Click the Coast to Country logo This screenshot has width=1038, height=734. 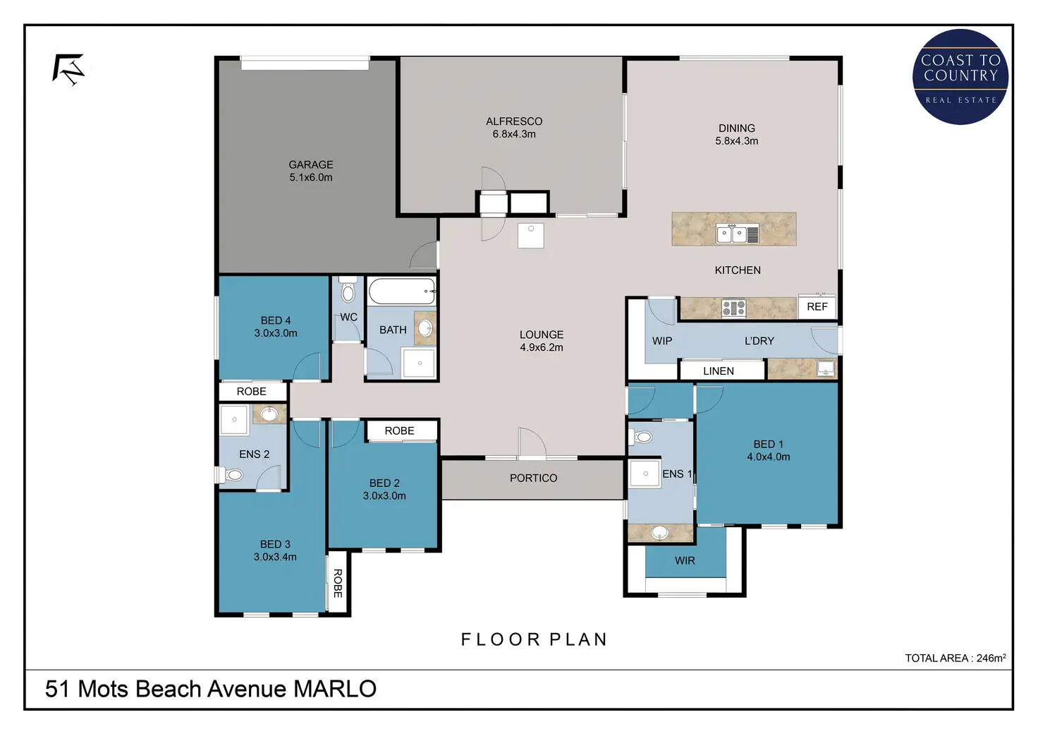[x=960, y=76]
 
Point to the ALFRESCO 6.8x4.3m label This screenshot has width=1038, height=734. [x=514, y=128]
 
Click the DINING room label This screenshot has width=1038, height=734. [x=737, y=128]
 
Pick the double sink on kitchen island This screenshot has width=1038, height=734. [x=738, y=234]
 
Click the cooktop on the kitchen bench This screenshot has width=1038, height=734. [x=733, y=308]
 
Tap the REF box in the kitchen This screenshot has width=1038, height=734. [x=817, y=306]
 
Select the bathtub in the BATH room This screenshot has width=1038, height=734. [x=402, y=291]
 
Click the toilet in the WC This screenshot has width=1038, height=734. [x=348, y=290]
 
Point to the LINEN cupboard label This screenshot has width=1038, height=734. [x=719, y=371]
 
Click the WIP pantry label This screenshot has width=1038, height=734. [x=661, y=341]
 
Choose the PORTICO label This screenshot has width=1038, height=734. [x=533, y=478]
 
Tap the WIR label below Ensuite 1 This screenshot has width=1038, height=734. [x=685, y=560]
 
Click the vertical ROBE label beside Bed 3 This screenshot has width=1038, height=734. [x=338, y=583]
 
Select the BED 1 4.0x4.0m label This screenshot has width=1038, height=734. [x=769, y=450]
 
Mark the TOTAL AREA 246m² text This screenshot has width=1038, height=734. [x=955, y=658]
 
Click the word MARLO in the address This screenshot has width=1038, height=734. [x=335, y=689]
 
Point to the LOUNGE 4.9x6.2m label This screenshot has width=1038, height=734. [x=542, y=341]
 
